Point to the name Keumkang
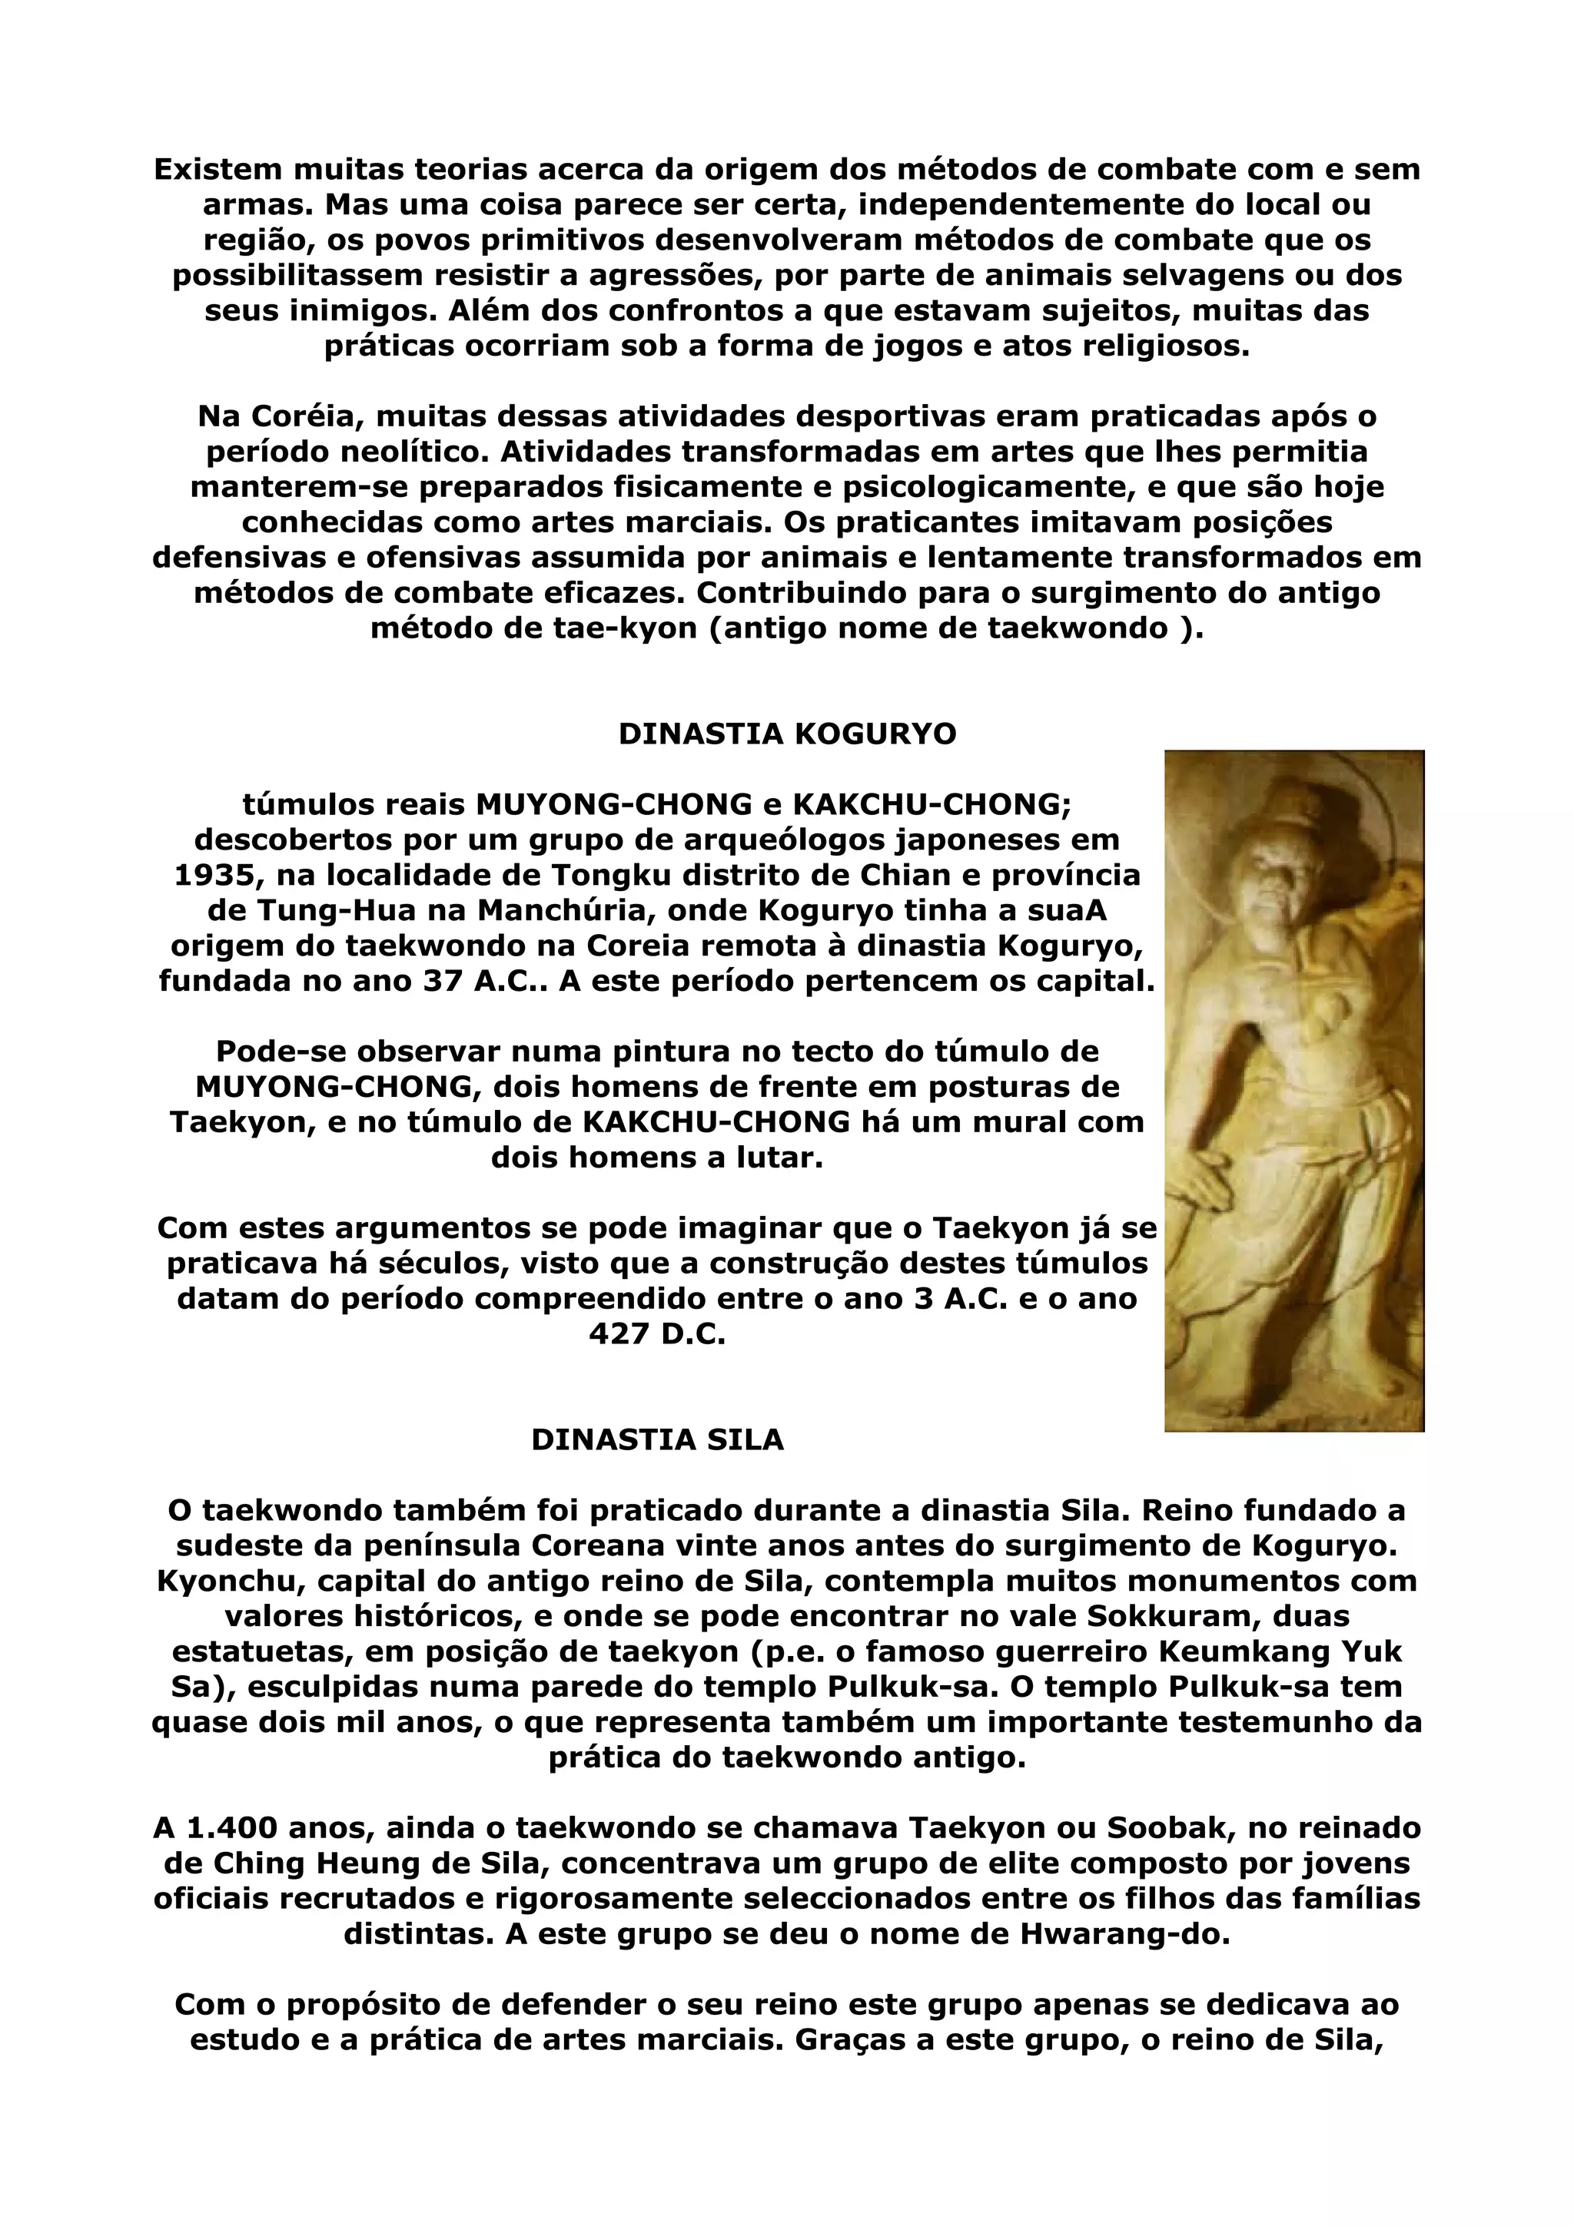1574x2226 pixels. coord(1236,1651)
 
